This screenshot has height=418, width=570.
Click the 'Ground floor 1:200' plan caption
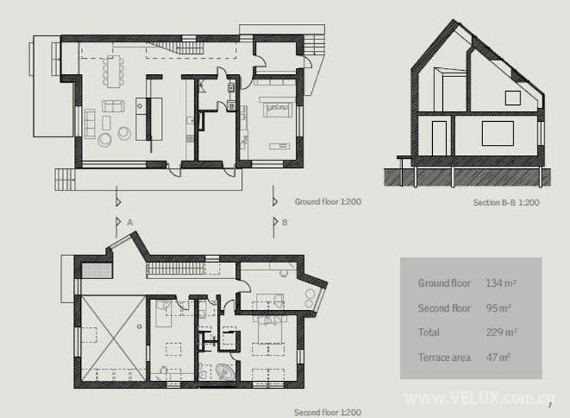pos(328,202)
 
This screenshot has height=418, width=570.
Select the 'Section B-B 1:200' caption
pos(506,203)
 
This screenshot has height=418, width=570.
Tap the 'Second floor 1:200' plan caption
pos(327,412)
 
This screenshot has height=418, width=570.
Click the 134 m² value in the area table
pos(501,283)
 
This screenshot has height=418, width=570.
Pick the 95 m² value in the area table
pos(498,308)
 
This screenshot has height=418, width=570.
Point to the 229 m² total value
pos(501,332)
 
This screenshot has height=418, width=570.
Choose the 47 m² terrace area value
pos(498,357)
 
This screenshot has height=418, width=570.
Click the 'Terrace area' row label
pos(444,358)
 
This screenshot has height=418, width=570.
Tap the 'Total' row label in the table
pos(429,332)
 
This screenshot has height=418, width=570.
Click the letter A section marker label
pos(129,222)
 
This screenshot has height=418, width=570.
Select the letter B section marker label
pos(285,222)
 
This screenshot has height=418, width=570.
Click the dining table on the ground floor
pos(113,72)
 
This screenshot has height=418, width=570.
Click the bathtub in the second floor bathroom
pos(225,372)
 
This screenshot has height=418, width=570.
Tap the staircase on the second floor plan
pos(175,270)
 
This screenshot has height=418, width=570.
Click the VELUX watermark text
pos(480,398)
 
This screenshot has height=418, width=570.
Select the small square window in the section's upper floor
pos(512,98)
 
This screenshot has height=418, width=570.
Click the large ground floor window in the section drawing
pos(498,133)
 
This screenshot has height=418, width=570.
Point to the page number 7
pos(551,405)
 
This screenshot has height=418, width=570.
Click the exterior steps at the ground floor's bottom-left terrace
pos(65,180)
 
